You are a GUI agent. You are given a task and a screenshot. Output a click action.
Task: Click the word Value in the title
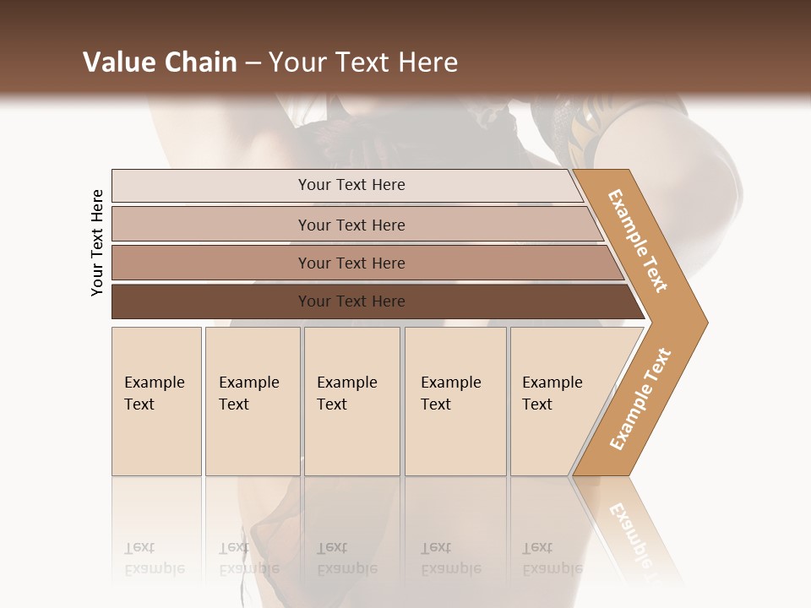pos(117,62)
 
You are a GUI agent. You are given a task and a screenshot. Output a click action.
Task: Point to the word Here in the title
pos(428,62)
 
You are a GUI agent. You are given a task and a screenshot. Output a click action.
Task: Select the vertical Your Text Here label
pos(97,242)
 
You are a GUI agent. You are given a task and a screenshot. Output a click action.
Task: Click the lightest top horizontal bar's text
pos(351,185)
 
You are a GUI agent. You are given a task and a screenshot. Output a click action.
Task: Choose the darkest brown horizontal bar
pos(351,301)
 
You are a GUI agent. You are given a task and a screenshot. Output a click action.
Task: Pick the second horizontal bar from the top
pos(351,225)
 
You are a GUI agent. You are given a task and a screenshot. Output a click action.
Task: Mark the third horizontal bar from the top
pos(351,263)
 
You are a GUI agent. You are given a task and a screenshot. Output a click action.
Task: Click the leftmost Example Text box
pos(156,401)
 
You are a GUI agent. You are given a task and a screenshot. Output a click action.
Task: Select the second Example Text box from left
pos(252,401)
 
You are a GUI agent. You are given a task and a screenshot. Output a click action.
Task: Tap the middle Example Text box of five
pos(351,401)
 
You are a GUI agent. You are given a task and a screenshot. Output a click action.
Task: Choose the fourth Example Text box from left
pos(455,401)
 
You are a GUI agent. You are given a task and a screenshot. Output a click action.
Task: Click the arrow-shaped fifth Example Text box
pos(558,401)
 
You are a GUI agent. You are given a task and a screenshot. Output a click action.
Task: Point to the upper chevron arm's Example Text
pos(637,241)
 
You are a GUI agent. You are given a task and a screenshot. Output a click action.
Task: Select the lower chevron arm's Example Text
pos(640,399)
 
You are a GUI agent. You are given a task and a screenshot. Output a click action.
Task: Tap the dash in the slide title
pos(253,62)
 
